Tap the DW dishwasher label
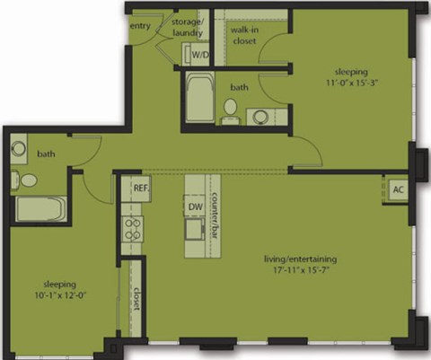pyautogui.click(x=195, y=206)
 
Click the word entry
pyautogui.click(x=140, y=26)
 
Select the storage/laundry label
pyautogui.click(x=189, y=28)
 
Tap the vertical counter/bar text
pyautogui.click(x=216, y=217)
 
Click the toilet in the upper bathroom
pyautogui.click(x=230, y=109)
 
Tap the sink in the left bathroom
pyautogui.click(x=19, y=149)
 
